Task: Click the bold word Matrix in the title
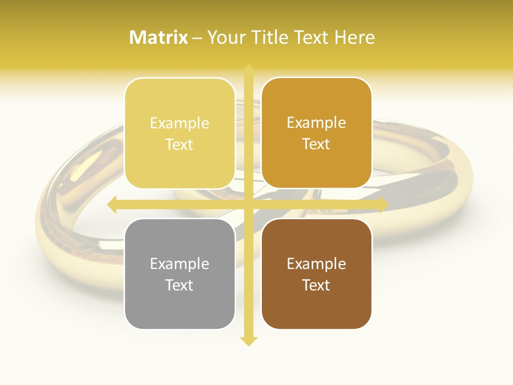pyautogui.click(x=159, y=37)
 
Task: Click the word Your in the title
pyautogui.click(x=225, y=37)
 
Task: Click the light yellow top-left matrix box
pyautogui.click(x=180, y=133)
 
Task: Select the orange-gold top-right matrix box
pyautogui.click(x=316, y=133)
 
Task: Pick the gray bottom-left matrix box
pyautogui.click(x=180, y=274)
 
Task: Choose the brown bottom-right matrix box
pyautogui.click(x=316, y=274)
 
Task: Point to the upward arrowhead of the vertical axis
pyautogui.click(x=248, y=70)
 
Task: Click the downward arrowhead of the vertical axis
pyautogui.click(x=248, y=341)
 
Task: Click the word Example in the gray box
pyautogui.click(x=180, y=264)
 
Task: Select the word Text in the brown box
pyautogui.click(x=316, y=285)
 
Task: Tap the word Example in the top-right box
pyautogui.click(x=316, y=123)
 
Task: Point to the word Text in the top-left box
pyautogui.click(x=180, y=144)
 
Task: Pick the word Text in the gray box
pyautogui.click(x=180, y=285)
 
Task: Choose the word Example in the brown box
pyautogui.click(x=316, y=264)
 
